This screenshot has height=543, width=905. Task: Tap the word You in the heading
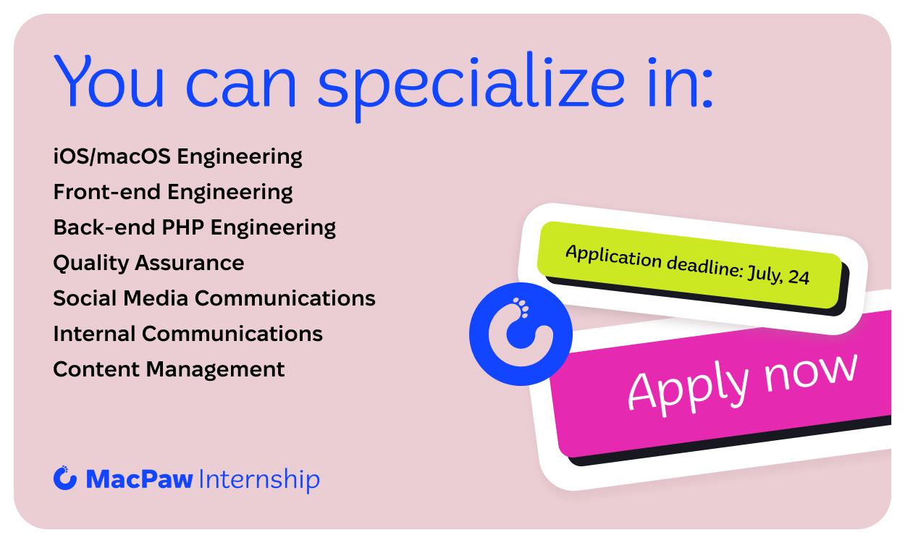coord(109,81)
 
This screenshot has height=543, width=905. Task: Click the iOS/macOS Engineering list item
coord(178,157)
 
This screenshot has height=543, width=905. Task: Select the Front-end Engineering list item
coord(173,193)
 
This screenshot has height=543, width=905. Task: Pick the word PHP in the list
coord(182,227)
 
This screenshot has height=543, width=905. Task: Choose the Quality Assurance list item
coord(148,264)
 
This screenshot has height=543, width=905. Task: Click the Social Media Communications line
coord(214,298)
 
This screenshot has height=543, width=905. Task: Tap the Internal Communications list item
coord(188,334)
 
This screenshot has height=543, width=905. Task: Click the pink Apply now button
coord(723,388)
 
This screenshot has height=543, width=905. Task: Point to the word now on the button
coord(810,374)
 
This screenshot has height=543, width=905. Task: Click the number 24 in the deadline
coord(799,277)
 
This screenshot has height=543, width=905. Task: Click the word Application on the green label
coord(613,256)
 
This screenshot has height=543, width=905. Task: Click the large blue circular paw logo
coord(521,334)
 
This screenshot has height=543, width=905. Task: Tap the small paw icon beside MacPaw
coord(65,478)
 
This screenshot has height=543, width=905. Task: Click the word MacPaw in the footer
coord(140,479)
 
